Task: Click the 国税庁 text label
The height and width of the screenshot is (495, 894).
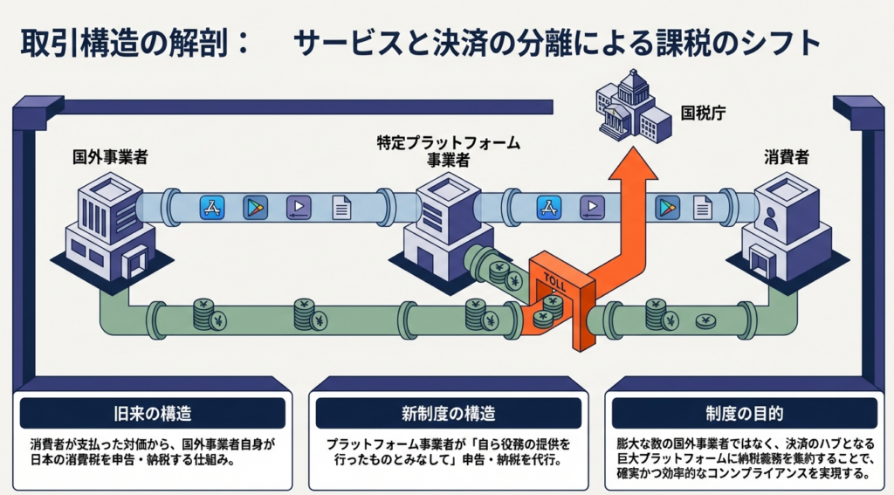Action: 703,113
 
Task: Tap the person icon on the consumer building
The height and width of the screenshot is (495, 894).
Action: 771,221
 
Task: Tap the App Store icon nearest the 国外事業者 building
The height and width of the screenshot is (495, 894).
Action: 212,207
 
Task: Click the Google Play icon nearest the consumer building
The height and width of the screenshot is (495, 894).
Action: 668,207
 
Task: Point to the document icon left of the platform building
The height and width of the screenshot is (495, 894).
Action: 341,207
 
